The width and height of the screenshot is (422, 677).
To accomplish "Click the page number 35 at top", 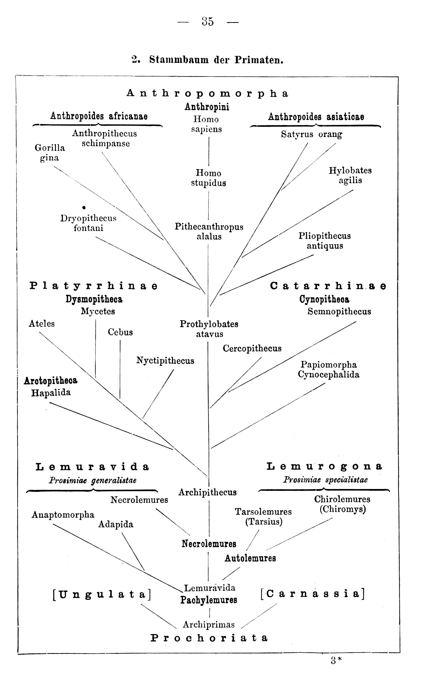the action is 208,21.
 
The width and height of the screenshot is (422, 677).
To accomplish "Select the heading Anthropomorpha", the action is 208,93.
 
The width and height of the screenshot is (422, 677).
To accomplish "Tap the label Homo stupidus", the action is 209,178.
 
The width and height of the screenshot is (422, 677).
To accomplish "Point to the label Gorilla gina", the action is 50,153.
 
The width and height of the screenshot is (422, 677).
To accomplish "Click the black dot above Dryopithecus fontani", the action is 84,208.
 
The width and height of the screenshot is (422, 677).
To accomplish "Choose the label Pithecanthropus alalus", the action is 209,231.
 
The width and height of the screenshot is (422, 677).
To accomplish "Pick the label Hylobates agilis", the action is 350,175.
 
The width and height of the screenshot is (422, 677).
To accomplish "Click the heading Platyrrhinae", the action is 94,286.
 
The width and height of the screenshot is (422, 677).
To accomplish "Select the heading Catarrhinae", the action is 328,286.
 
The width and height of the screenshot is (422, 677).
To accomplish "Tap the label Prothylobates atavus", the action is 209,329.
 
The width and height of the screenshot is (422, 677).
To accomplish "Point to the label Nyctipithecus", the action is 165,361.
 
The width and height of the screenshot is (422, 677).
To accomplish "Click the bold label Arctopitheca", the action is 51,381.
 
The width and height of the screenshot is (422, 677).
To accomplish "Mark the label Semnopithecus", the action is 340,311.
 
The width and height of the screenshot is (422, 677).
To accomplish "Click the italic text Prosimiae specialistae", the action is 325,480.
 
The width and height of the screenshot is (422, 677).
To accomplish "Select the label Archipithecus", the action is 208,492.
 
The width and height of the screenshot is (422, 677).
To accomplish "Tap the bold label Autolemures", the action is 250,558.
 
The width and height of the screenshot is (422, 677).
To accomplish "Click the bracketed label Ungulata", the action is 102,595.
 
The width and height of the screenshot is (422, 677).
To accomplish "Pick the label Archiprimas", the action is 209,624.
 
